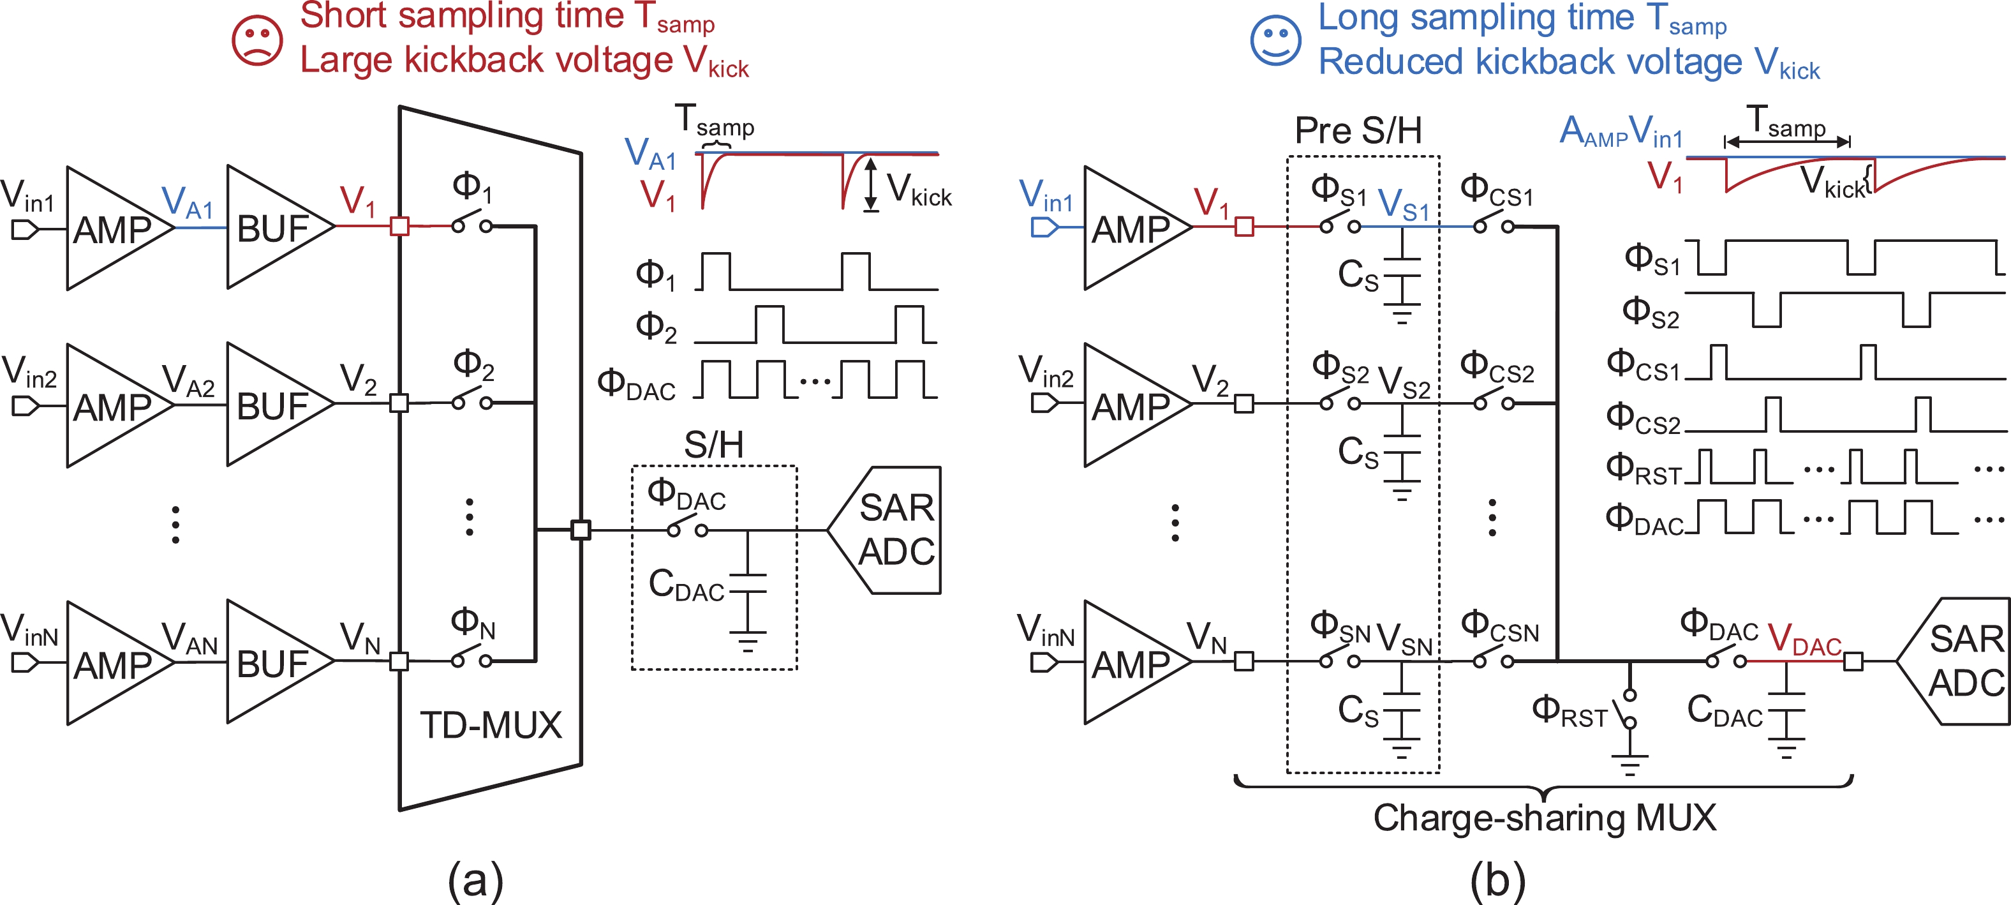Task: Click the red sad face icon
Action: coord(257,40)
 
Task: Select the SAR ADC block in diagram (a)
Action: coord(890,530)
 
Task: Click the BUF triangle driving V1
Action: coord(277,227)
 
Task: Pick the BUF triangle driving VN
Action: coord(277,662)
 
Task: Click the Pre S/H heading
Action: coord(1358,130)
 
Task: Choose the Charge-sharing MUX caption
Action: coord(1544,818)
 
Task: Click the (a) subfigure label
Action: coord(475,880)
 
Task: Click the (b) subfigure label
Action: coord(1497,880)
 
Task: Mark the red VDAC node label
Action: coord(1804,639)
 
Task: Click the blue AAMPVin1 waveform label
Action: coord(1620,131)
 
